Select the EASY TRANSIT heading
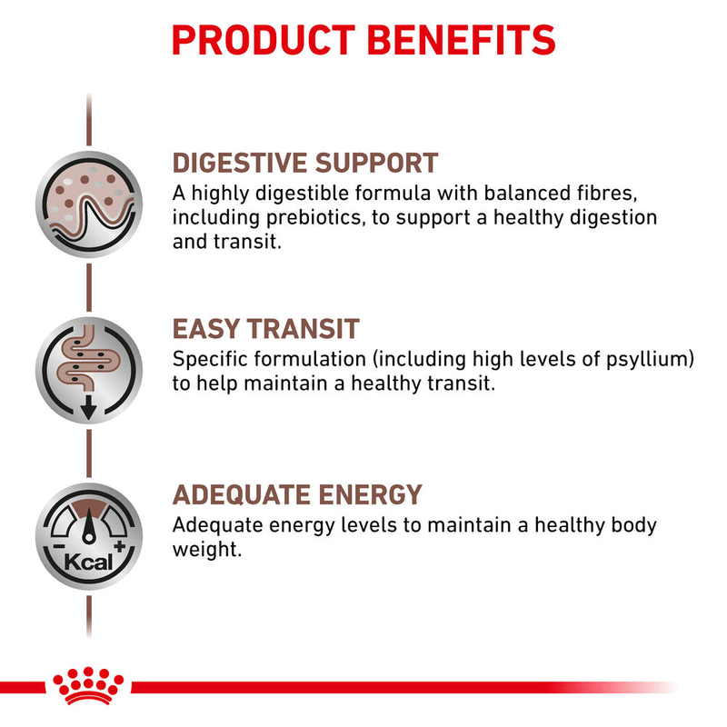pyautogui.click(x=266, y=328)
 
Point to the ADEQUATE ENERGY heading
pyautogui.click(x=297, y=495)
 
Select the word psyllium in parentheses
pyautogui.click(x=644, y=359)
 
